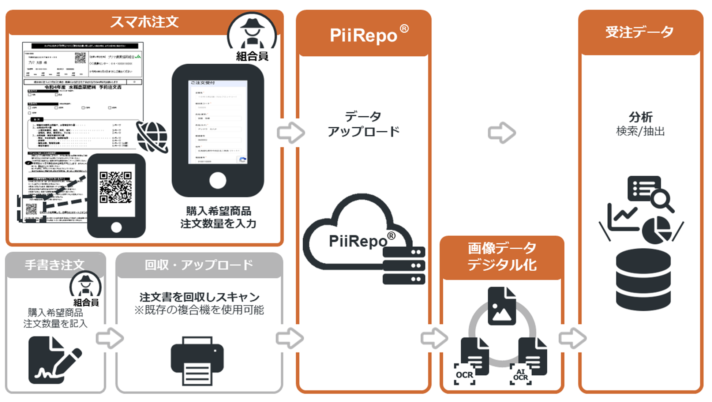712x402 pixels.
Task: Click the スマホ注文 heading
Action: point(144,22)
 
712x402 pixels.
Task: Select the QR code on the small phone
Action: point(116,187)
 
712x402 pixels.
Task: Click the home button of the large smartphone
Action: point(218,180)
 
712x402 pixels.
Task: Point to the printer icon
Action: point(197,360)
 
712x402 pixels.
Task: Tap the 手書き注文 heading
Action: point(55,264)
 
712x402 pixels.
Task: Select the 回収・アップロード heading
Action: point(199,264)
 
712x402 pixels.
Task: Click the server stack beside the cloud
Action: point(404,266)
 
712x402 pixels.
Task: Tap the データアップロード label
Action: point(363,124)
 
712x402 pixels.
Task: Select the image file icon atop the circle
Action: point(502,306)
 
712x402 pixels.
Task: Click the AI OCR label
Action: point(520,375)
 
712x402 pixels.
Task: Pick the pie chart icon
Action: point(657,230)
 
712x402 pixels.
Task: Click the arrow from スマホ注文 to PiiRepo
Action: point(291,132)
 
